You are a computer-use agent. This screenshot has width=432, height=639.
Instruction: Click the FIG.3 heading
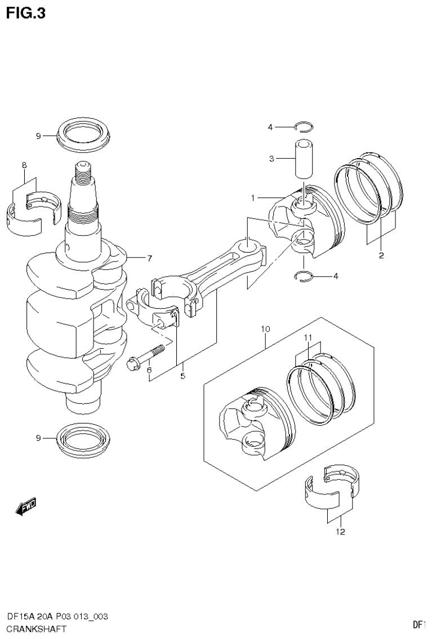coord(26,12)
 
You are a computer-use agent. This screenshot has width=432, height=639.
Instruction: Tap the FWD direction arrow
coord(26,508)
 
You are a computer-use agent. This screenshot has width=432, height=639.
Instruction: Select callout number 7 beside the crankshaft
coord(149,259)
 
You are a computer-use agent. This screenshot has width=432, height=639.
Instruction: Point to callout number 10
coord(266,328)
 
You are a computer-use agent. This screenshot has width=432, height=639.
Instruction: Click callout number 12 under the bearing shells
coord(341,532)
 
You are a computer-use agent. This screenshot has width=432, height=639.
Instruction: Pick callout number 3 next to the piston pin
coord(271,159)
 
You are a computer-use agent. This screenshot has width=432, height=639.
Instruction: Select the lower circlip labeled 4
coord(305,275)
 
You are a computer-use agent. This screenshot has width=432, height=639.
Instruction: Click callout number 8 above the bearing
coord(24,165)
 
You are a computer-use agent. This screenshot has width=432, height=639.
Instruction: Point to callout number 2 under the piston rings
coord(381,256)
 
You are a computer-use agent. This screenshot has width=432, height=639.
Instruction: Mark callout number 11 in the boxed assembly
coord(308,337)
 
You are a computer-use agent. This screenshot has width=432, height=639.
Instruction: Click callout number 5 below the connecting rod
coord(182,376)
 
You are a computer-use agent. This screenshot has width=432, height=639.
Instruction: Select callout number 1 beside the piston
coord(254,197)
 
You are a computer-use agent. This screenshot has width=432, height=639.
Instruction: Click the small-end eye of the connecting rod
coord(248,245)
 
